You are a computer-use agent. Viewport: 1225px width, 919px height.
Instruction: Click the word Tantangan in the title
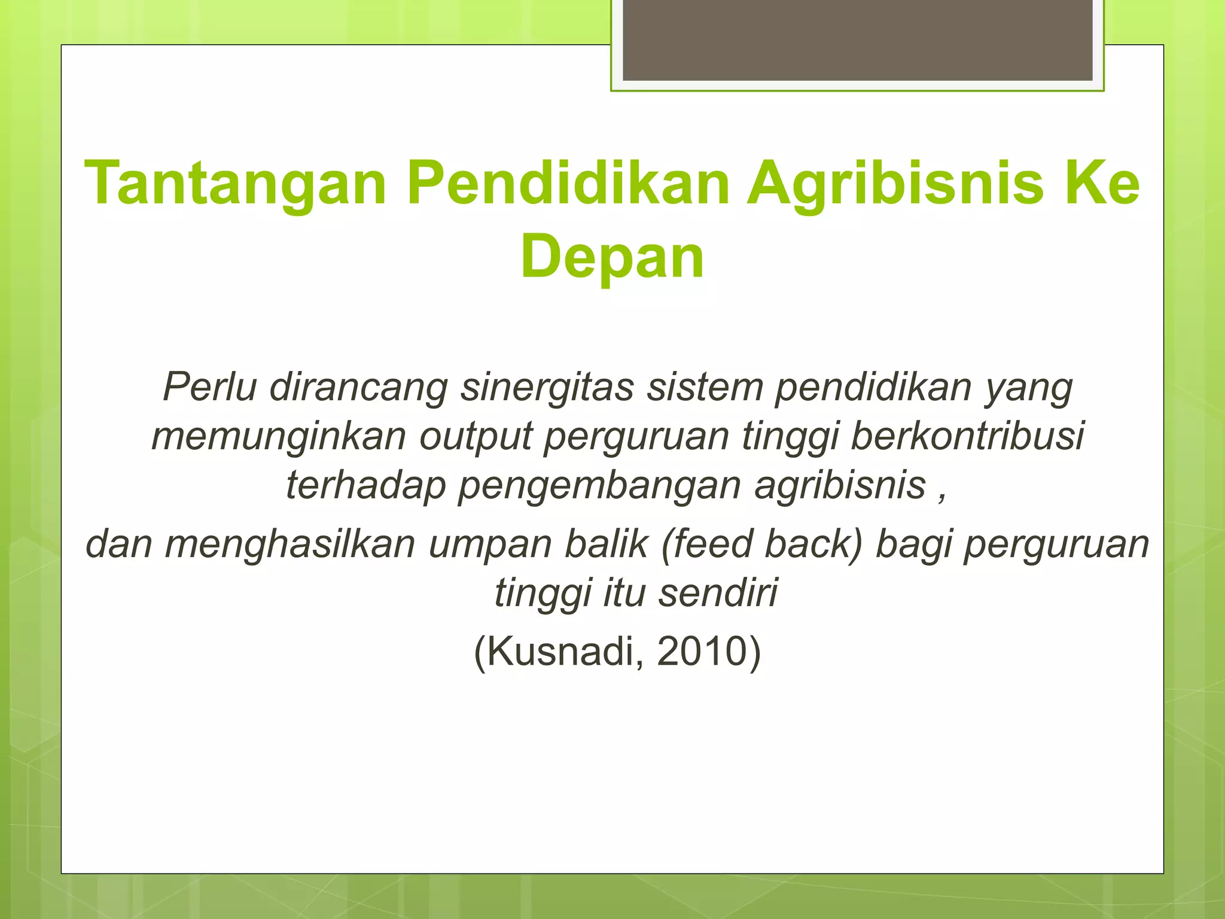click(236, 184)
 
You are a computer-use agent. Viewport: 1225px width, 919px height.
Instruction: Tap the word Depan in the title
click(612, 257)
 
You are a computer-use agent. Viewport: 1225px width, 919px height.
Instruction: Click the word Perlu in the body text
click(209, 387)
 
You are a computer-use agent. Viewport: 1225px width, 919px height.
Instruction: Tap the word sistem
click(706, 387)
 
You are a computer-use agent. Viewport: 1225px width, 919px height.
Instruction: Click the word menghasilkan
click(290, 544)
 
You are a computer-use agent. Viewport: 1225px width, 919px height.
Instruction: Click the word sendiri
click(718, 592)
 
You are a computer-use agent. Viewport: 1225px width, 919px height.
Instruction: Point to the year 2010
click(702, 651)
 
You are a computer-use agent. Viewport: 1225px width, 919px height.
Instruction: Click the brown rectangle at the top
click(857, 39)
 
